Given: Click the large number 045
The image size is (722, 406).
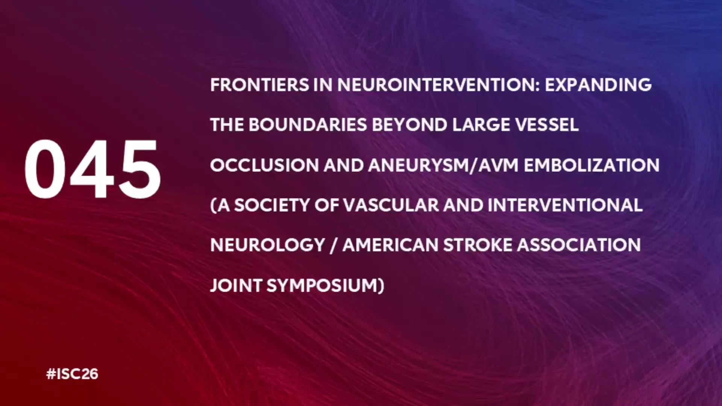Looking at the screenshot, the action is click(x=93, y=169).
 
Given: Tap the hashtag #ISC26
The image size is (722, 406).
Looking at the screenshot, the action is click(x=72, y=374).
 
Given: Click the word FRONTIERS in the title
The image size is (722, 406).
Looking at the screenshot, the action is click(x=259, y=85).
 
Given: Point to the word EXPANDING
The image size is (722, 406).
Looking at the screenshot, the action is click(x=598, y=85).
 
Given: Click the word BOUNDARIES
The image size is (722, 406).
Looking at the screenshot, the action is click(x=308, y=125).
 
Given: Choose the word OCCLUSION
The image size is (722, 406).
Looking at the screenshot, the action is click(x=264, y=165).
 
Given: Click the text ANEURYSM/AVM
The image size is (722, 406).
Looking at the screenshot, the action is click(x=443, y=165).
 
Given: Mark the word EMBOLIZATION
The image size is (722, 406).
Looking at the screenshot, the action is click(x=592, y=165).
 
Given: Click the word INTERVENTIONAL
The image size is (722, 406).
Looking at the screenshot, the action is click(x=565, y=205).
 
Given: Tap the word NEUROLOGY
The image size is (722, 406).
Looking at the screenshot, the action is click(x=268, y=245).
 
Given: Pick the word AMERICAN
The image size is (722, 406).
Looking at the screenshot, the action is click(x=390, y=245).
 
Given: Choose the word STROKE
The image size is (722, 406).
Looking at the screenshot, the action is click(x=478, y=245).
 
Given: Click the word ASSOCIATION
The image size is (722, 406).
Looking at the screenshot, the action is click(x=579, y=245).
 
